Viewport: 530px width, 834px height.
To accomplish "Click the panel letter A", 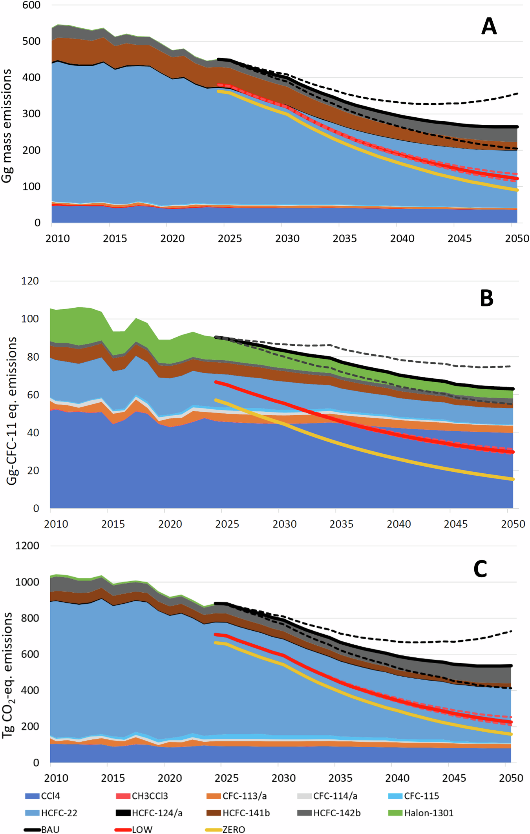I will click(x=489, y=27).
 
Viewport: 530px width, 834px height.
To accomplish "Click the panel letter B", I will click(x=486, y=299).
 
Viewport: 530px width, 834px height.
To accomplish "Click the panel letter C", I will click(x=480, y=569).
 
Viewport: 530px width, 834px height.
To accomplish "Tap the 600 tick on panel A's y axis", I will click(x=32, y=5).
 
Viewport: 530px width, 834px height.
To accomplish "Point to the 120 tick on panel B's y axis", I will click(x=30, y=281).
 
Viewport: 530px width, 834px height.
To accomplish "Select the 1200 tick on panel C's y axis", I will click(x=27, y=546).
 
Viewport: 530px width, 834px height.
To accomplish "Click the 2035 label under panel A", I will click(x=345, y=239).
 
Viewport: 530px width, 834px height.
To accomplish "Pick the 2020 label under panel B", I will click(x=170, y=524).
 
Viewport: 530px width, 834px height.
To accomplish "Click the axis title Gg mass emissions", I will click(x=7, y=126).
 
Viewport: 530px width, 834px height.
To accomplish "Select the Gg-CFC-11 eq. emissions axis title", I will click(x=12, y=410).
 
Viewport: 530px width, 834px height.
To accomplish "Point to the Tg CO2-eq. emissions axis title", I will click(x=7, y=675).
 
